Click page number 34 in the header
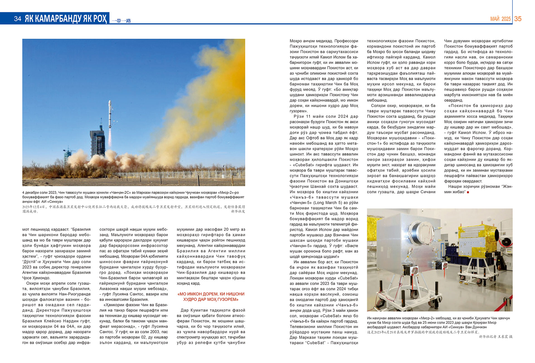18,19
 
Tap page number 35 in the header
518,19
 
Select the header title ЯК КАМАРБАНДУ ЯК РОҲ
65,19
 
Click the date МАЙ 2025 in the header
500,19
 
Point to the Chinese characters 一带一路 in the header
121,21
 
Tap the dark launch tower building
97,143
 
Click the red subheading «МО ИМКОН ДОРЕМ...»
211,297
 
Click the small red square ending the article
468,192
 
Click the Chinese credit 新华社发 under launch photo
238,211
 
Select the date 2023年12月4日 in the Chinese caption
33,207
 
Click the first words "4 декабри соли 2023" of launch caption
39,193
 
